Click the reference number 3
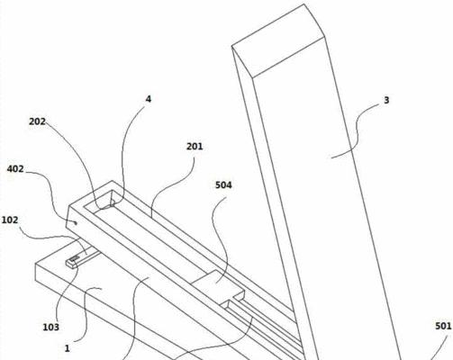[x=386, y=100]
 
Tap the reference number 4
[x=149, y=99]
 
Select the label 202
[x=38, y=121]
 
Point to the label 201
[x=195, y=147]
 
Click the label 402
[x=15, y=169]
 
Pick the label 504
[x=223, y=185]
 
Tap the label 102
[x=10, y=220]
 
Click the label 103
[x=51, y=327]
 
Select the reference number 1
[x=68, y=348]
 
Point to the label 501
[x=443, y=326]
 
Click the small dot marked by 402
[x=76, y=222]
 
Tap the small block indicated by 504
[x=218, y=285]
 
